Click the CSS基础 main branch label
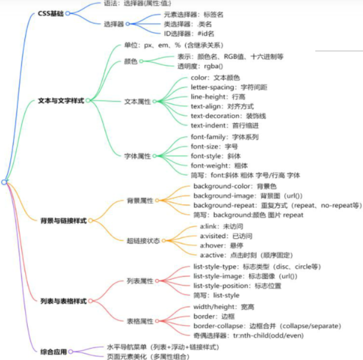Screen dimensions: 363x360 tap(51, 14)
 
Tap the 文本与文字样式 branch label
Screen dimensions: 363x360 tap(61, 101)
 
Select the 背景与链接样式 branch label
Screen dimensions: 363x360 tap(63, 221)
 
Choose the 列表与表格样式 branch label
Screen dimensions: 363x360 tap(63, 301)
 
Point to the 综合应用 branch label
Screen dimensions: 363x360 tap(53, 352)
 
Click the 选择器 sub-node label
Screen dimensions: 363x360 tap(114, 23)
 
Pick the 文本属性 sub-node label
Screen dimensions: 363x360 tap(137, 102)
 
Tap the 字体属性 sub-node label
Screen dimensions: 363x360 tap(137, 156)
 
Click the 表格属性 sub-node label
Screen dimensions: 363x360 tap(140, 321)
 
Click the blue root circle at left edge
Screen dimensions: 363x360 tap(4, 182)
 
